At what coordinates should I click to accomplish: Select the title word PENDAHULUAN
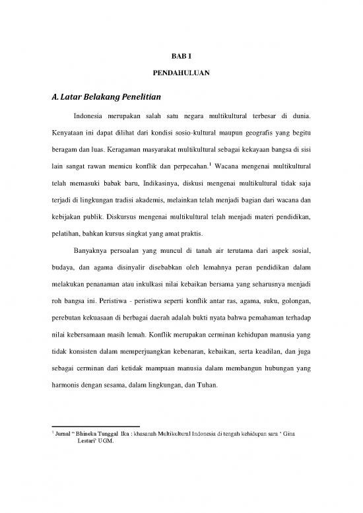click(181, 75)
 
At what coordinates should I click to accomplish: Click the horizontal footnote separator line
click(96, 427)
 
